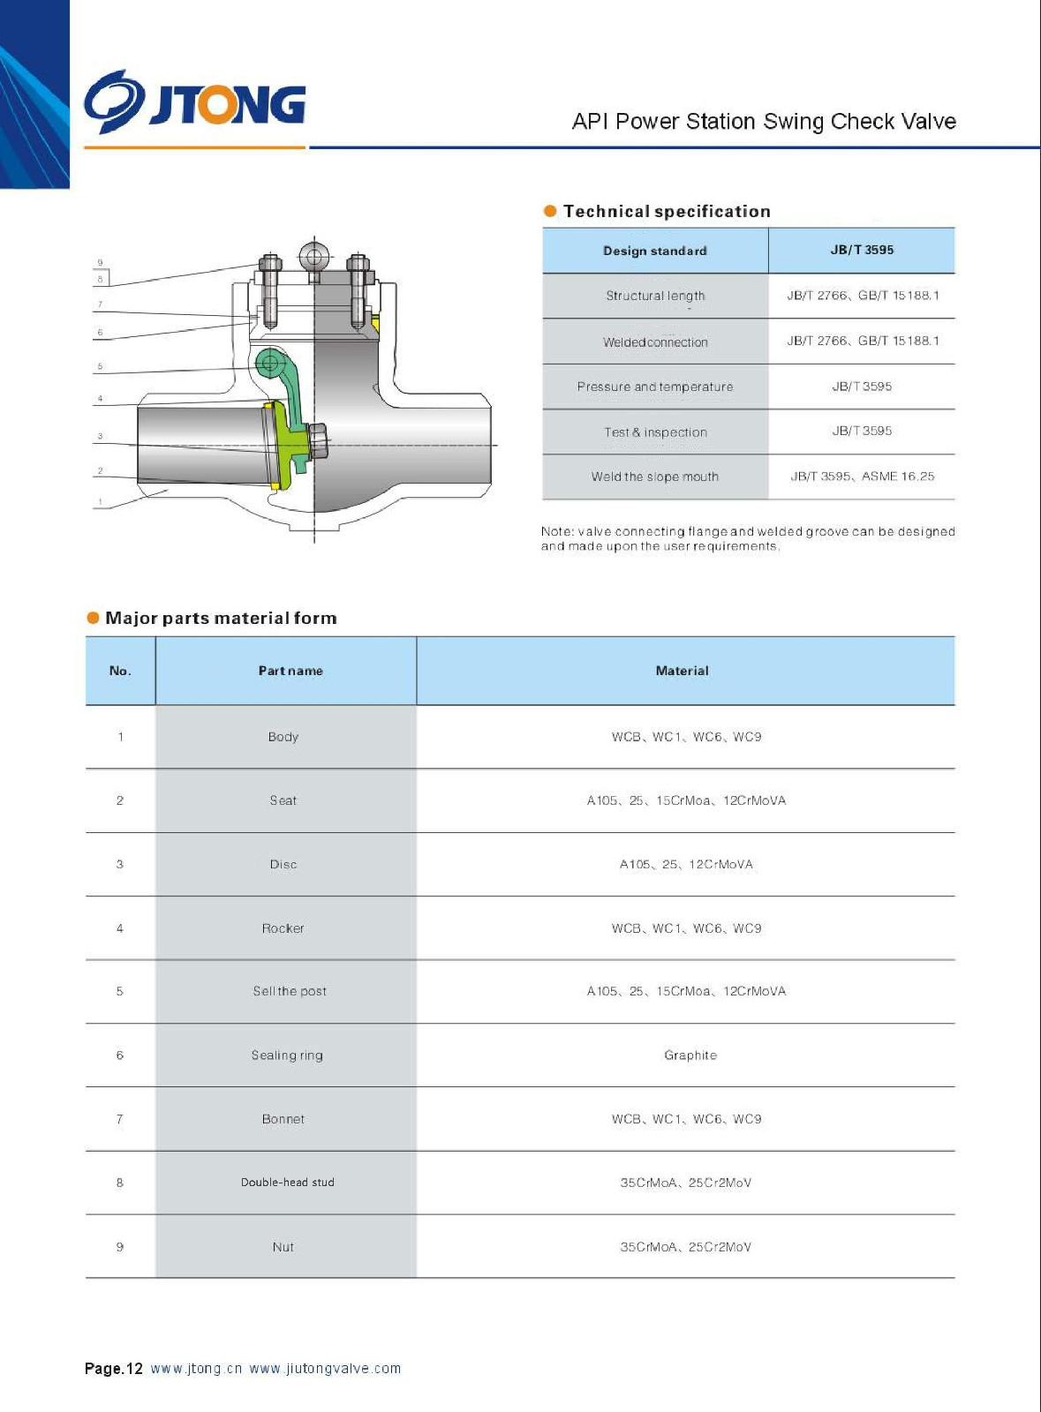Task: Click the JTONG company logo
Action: [195, 103]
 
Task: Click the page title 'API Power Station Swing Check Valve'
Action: [764, 121]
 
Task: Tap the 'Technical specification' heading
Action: [667, 211]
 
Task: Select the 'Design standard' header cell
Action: [655, 251]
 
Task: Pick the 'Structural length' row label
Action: [655, 296]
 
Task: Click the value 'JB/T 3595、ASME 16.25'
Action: [862, 477]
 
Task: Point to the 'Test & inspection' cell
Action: [655, 432]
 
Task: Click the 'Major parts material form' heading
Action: [221, 618]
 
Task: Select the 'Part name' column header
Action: [290, 671]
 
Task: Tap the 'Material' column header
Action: [682, 671]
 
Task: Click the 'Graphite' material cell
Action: [690, 1055]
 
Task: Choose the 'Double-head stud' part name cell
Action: [288, 1183]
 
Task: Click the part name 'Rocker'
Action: [283, 928]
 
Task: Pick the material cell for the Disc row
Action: [686, 865]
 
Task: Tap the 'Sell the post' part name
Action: [290, 991]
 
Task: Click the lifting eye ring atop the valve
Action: [313, 257]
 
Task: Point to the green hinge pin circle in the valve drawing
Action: [271, 362]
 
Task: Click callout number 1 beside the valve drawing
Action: [101, 502]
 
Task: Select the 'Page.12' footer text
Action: [113, 1369]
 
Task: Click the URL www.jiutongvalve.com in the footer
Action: [325, 1369]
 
